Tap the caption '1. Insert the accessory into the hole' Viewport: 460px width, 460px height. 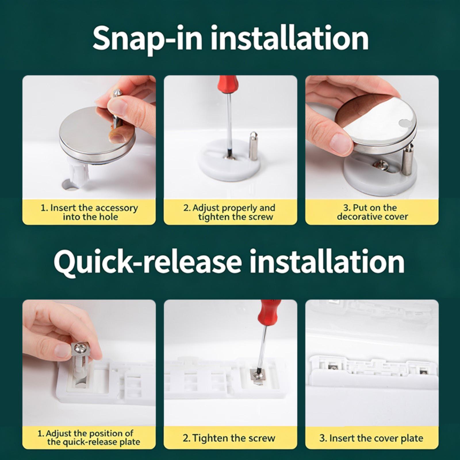89,212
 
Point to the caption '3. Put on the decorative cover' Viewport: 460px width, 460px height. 372,212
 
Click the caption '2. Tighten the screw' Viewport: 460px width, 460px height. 229,438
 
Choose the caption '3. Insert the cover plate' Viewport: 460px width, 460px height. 371,438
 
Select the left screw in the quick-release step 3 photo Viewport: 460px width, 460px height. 333,367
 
